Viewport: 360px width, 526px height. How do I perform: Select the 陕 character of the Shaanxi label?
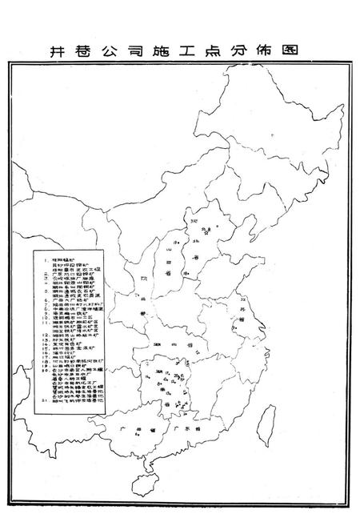click(146, 280)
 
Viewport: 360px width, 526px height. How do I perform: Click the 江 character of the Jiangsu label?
click(242, 298)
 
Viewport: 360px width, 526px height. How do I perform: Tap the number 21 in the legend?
click(39, 398)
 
